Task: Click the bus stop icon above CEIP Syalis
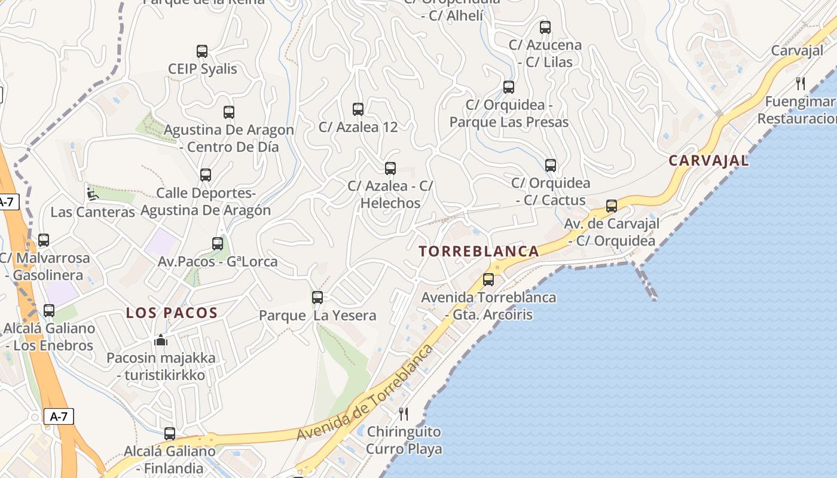[202, 51]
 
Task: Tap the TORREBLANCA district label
[479, 252]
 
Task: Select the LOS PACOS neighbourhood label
[172, 312]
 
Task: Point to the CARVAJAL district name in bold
[708, 161]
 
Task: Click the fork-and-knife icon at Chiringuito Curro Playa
[404, 413]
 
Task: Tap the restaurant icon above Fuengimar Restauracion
[801, 84]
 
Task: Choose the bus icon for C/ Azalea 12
[358, 109]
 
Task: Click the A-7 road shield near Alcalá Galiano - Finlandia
[59, 417]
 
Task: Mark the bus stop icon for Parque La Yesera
[317, 298]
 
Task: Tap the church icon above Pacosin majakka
[161, 340]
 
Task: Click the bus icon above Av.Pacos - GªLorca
[218, 244]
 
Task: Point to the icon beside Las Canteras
[93, 194]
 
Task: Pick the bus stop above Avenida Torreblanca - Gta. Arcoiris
[488, 280]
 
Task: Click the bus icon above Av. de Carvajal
[612, 206]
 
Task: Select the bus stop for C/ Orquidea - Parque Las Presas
[509, 87]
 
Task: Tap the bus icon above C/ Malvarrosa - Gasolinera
[44, 240]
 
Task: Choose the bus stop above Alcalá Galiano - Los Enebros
[49, 311]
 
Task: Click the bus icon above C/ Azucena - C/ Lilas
[545, 27]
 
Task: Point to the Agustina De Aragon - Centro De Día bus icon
[229, 112]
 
